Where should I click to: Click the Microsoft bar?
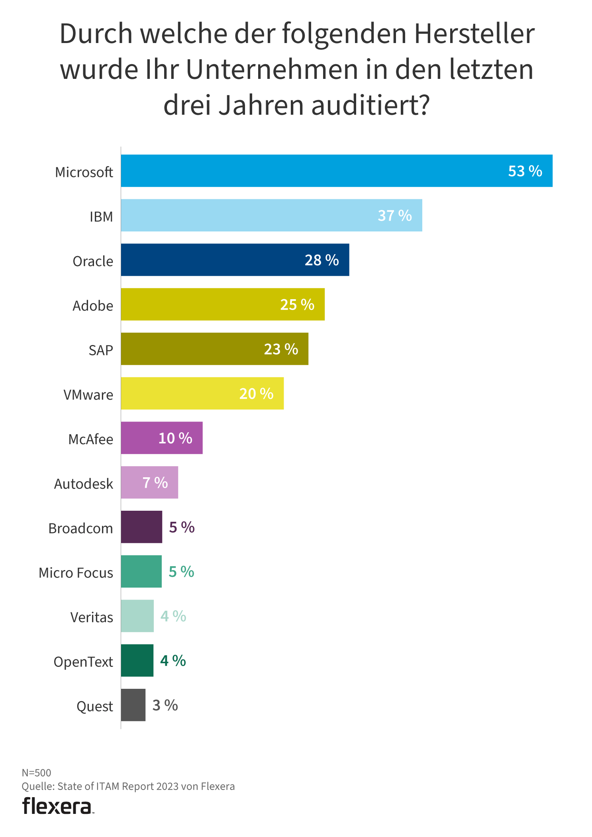(x=336, y=171)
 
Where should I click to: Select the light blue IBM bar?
(x=271, y=215)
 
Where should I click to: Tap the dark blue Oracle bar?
(x=235, y=260)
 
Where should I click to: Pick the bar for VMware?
(x=202, y=393)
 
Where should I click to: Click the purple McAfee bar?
(x=161, y=438)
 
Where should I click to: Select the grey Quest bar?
(x=133, y=705)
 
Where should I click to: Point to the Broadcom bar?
(x=141, y=527)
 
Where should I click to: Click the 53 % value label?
(x=525, y=171)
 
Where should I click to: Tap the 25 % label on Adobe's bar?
(x=297, y=304)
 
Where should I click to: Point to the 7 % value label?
(x=155, y=482)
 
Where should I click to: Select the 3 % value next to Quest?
(x=165, y=705)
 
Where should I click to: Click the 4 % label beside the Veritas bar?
(x=173, y=616)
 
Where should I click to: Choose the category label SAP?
(x=100, y=350)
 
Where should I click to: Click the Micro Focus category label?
(x=76, y=572)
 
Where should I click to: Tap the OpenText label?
(x=83, y=662)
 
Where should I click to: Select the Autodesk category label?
(x=83, y=484)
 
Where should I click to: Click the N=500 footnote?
(x=36, y=772)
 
